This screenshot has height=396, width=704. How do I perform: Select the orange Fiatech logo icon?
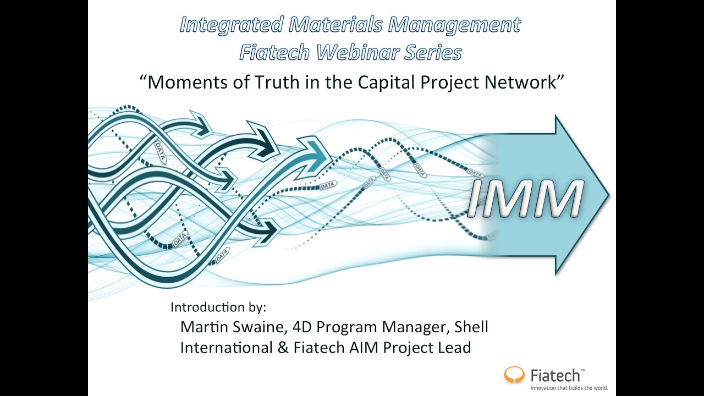(x=515, y=375)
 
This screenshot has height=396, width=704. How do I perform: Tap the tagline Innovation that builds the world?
(x=569, y=388)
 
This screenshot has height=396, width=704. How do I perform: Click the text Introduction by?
(x=218, y=307)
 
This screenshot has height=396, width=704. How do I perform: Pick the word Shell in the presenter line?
(x=471, y=327)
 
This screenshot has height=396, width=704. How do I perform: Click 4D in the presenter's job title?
(x=302, y=327)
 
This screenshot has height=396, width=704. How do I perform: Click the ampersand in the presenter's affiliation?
(x=283, y=348)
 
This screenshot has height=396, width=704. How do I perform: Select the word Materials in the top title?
(x=333, y=25)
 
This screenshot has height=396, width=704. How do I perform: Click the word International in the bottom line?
(x=226, y=348)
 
